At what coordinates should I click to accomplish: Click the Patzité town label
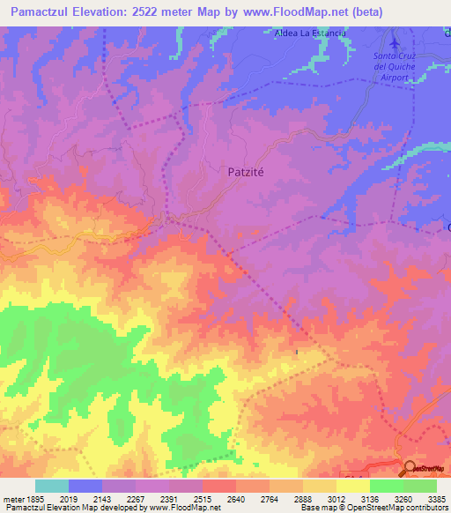pos(240,174)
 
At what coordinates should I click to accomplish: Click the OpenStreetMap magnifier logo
pos(410,469)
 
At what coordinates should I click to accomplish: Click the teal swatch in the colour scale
pos(52,486)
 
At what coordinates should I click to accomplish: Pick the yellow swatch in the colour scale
pos(353,486)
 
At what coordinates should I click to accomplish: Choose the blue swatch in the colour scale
pos(85,486)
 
